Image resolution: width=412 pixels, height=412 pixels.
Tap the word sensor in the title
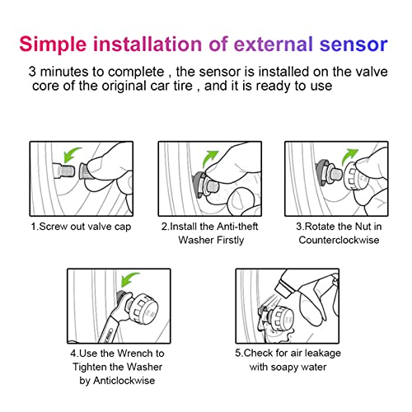point(355,43)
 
